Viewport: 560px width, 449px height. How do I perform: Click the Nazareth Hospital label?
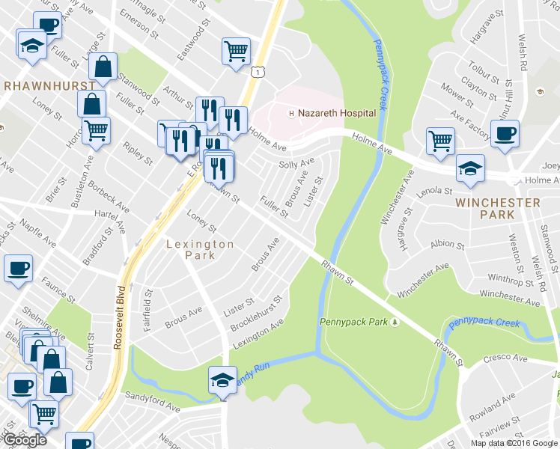click(337, 113)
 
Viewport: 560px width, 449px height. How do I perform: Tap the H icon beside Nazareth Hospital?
click(292, 114)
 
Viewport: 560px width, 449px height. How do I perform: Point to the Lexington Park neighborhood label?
click(199, 249)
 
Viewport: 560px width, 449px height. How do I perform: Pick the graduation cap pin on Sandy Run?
click(222, 379)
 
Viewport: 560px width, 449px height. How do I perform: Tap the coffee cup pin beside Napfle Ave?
click(18, 268)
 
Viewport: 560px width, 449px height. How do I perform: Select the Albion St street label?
click(448, 245)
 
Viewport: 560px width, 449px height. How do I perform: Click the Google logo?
click(25, 440)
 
